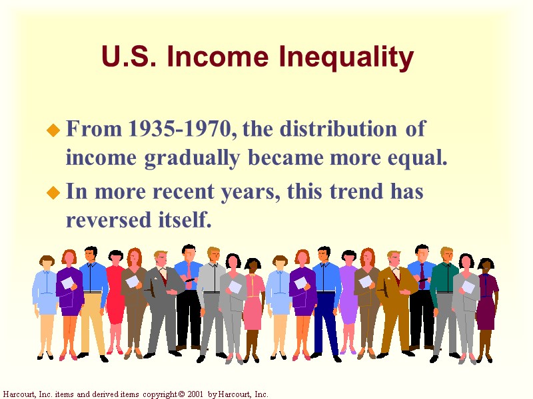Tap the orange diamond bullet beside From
tap(54, 131)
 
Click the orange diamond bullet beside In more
tap(54, 194)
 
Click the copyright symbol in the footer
tap(182, 394)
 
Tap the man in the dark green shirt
tap(444, 293)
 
